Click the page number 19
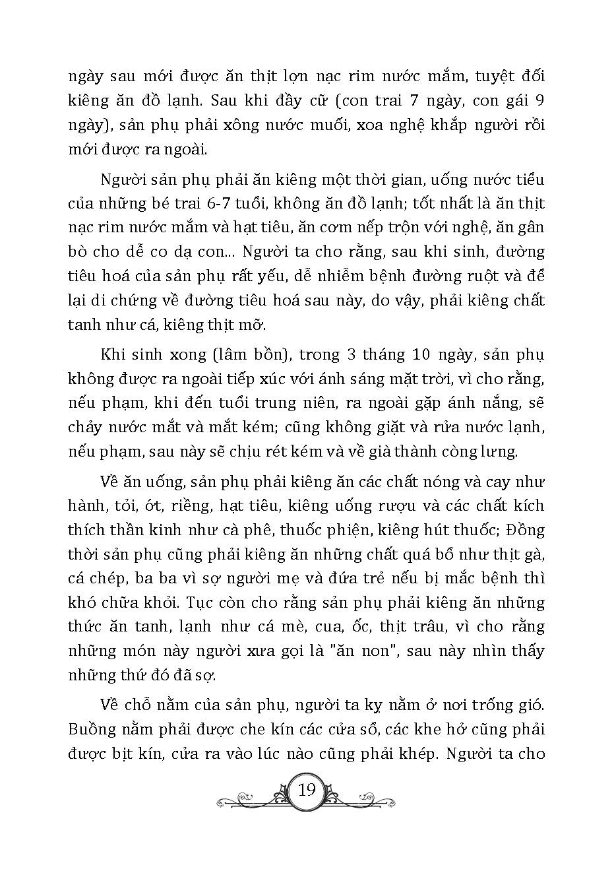click(307, 789)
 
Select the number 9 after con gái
click(539, 102)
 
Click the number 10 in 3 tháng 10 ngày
click(425, 354)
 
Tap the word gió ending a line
click(528, 706)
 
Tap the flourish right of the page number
click(362, 799)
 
